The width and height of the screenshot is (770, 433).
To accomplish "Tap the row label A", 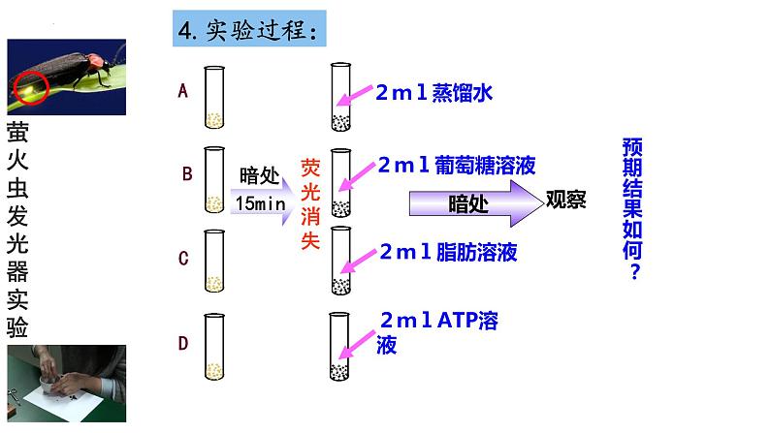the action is [x=182, y=91].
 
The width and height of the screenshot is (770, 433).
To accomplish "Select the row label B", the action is [x=188, y=174].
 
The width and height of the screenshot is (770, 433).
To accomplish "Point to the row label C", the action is [x=183, y=258].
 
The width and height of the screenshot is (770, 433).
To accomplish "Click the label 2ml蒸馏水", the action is [x=437, y=93].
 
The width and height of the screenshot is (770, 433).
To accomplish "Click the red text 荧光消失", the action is [x=310, y=203].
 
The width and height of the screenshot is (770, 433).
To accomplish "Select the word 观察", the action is [x=565, y=200].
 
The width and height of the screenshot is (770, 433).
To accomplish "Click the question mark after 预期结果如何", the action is [x=635, y=273].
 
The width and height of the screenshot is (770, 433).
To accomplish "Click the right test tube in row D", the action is [x=339, y=346].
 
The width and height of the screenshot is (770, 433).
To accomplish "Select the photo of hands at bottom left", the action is [x=65, y=385].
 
